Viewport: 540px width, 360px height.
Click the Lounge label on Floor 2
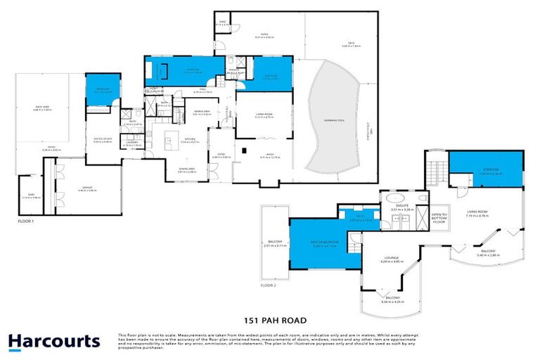(x=391, y=259)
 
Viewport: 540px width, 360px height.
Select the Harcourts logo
(x=54, y=342)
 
